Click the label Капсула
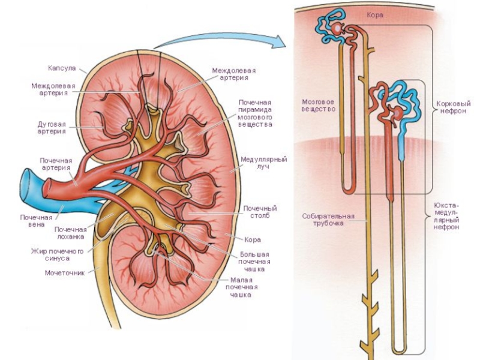[x=62, y=68]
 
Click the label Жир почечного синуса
[x=58, y=254]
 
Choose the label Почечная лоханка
[x=70, y=233]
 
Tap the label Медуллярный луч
[x=263, y=163]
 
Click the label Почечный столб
[x=260, y=212]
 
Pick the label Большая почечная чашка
[x=254, y=262]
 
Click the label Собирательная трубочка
[x=328, y=220]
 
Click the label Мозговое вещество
[x=319, y=106]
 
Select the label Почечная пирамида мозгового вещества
[x=256, y=113]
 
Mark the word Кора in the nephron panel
[x=374, y=14]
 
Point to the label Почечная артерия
[x=56, y=164]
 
